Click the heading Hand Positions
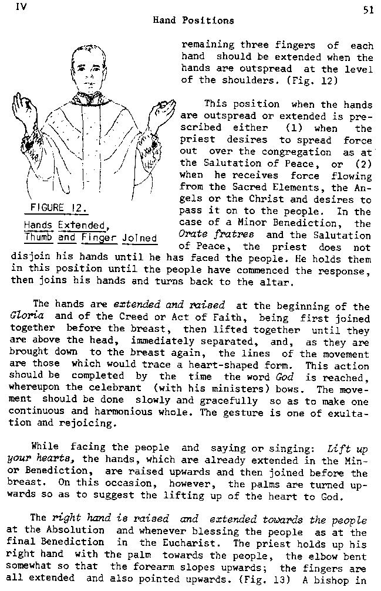click(193, 21)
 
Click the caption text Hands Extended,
click(65, 225)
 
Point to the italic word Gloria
click(26, 318)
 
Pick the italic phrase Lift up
click(348, 450)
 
